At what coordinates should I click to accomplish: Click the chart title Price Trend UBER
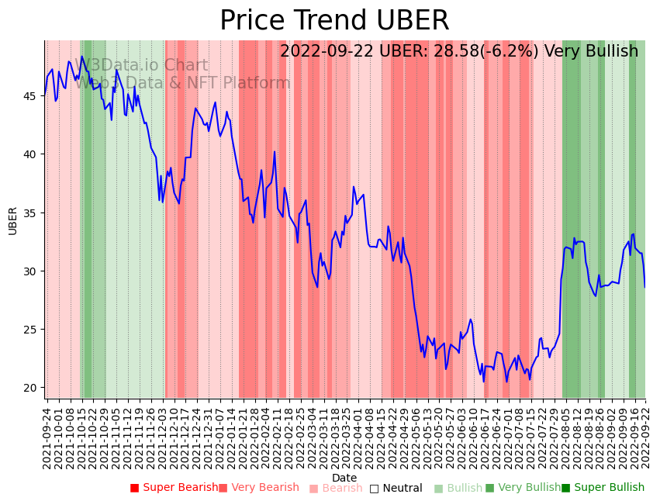[334, 21]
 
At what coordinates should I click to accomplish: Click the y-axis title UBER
[13, 220]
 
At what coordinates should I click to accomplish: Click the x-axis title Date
[344, 478]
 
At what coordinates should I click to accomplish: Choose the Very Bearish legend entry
[259, 488]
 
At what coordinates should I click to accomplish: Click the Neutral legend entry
[396, 488]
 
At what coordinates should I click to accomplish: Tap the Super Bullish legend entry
[603, 488]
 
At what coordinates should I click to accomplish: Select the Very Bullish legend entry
[523, 488]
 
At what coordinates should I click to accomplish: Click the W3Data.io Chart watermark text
[145, 66]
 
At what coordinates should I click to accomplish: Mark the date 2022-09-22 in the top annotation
[329, 51]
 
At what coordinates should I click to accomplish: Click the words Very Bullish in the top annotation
[591, 51]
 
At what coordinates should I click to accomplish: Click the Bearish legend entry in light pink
[336, 488]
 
